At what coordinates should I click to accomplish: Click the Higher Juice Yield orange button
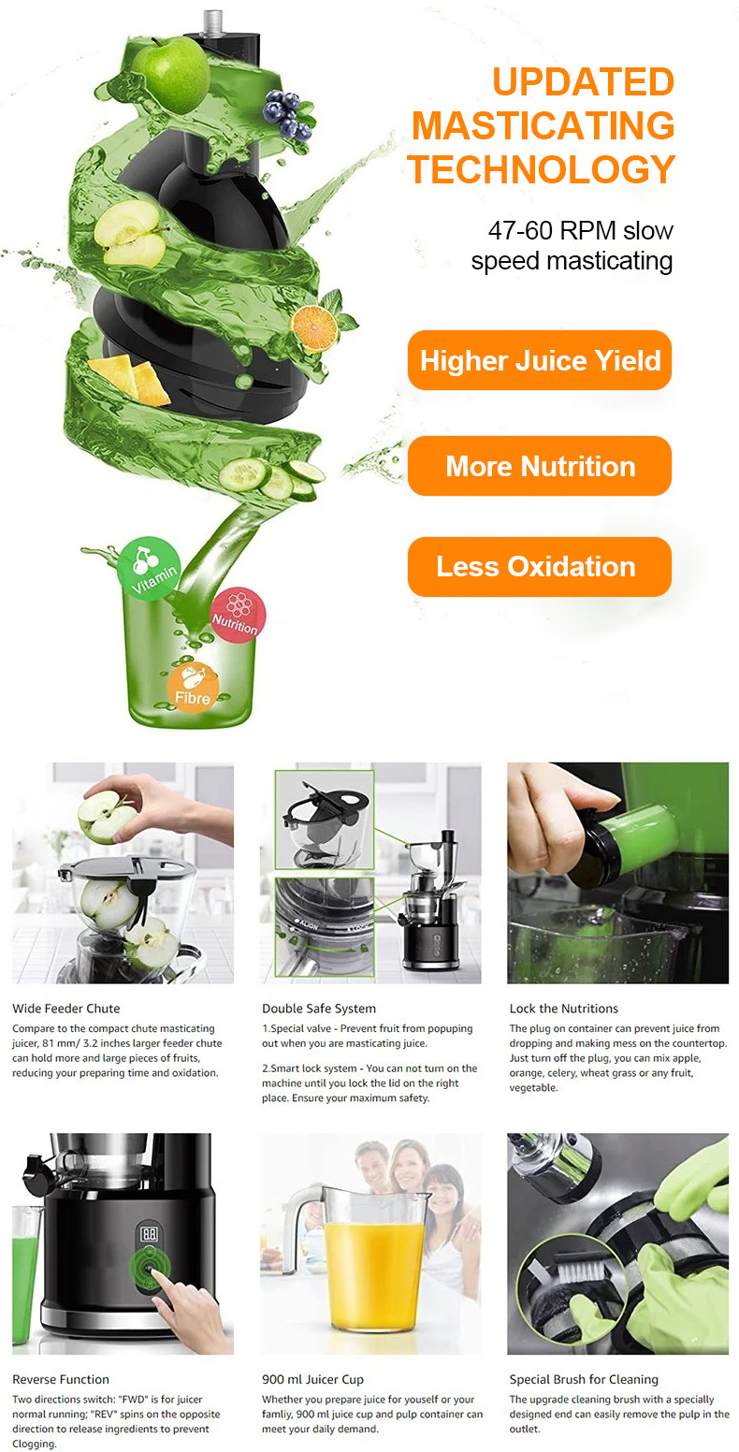[540, 360]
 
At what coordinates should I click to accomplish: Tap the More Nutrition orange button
[540, 466]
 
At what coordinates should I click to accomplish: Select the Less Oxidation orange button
[540, 567]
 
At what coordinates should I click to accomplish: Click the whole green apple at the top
[170, 73]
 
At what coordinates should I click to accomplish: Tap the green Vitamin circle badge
[149, 569]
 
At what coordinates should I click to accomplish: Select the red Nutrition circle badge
[238, 616]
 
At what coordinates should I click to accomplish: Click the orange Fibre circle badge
[193, 689]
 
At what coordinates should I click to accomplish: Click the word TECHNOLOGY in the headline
[542, 169]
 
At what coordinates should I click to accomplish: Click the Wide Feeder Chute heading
[66, 1008]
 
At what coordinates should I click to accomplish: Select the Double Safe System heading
[319, 1008]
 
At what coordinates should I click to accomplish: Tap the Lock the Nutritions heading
[563, 1008]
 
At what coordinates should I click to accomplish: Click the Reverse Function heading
[61, 1379]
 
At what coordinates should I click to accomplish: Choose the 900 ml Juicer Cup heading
[312, 1379]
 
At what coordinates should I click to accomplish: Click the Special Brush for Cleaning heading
[584, 1379]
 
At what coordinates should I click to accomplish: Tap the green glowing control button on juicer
[150, 1269]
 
